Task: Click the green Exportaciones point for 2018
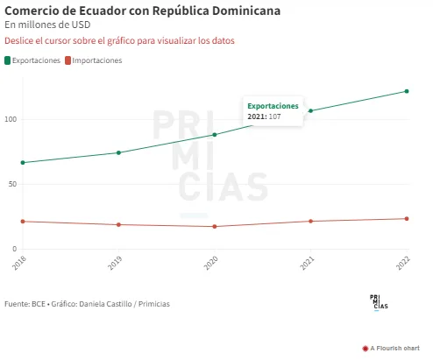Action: point(23,163)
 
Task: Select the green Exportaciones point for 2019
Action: point(118,152)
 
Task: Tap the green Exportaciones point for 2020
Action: point(215,135)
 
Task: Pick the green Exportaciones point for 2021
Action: point(311,110)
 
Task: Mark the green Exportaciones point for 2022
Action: point(407,91)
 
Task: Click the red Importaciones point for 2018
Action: point(23,222)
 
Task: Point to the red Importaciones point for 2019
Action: point(118,225)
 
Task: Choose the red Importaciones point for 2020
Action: point(215,227)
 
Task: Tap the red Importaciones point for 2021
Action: point(311,222)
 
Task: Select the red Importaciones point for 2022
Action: point(407,219)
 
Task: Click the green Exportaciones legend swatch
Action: point(8,60)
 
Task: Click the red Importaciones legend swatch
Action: point(67,60)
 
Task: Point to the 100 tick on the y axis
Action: point(11,119)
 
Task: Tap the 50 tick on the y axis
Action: point(12,184)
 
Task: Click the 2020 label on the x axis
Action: point(210,263)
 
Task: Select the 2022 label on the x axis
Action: point(403,263)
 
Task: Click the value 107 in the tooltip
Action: point(274,116)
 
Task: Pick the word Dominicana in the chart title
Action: point(246,11)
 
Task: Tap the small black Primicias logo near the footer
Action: point(379,302)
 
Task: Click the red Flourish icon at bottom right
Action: point(366,349)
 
